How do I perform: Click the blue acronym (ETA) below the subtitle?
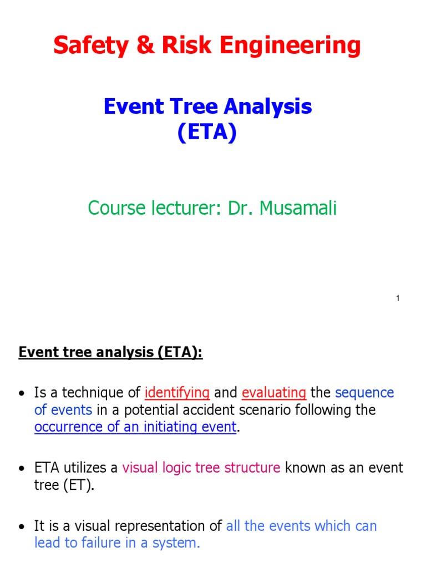tap(207, 133)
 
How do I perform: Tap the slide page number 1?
tap(398, 299)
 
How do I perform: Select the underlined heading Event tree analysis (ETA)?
tap(111, 353)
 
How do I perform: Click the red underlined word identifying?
tap(177, 393)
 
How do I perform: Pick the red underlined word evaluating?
tap(274, 393)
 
